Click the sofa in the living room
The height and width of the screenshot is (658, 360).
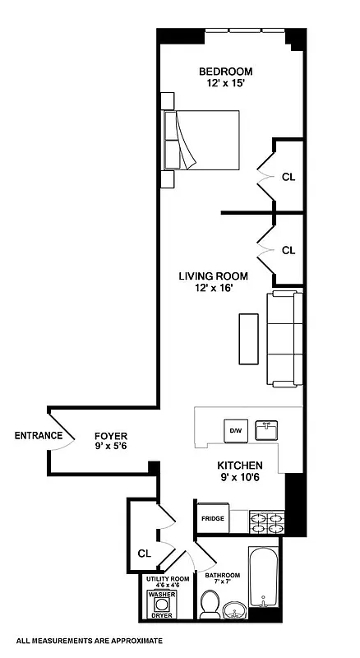[284, 339]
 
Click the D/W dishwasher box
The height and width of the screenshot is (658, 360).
[234, 429]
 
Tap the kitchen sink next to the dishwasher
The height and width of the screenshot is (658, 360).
[266, 429]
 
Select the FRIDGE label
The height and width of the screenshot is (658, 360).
[213, 519]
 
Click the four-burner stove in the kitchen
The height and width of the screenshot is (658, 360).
[265, 520]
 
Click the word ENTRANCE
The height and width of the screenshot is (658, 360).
[38, 435]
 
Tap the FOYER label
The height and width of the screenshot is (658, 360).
[109, 442]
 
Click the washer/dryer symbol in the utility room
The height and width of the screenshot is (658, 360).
[162, 607]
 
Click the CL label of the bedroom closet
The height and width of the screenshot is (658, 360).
[288, 177]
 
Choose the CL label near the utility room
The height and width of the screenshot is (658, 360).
[144, 553]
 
